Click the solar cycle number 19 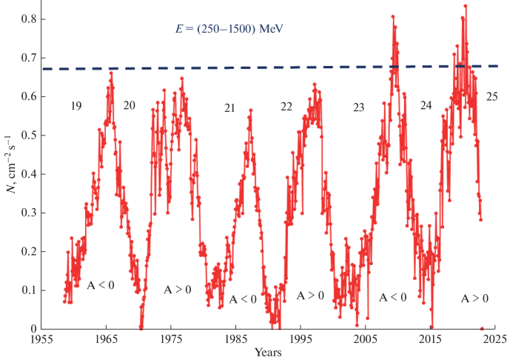tap(76, 107)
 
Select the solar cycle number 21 tap(229, 109)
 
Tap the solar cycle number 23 tap(358, 108)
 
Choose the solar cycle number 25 tap(492, 97)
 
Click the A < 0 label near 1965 tap(101, 284)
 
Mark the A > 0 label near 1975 tap(177, 290)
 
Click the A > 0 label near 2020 tap(474, 299)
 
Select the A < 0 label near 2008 tap(393, 297)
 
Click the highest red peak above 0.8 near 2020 tap(465, 6)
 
